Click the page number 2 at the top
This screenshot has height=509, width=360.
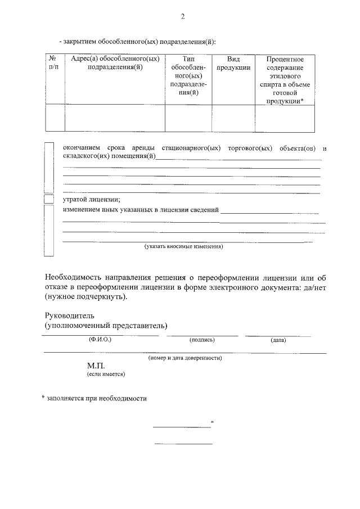click(x=182, y=17)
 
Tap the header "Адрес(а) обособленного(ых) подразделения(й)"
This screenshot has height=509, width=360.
click(x=115, y=63)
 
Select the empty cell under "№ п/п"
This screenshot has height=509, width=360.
click(x=55, y=118)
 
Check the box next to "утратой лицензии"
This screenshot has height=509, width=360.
click(x=49, y=199)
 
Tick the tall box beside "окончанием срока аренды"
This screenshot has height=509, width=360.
click(x=49, y=167)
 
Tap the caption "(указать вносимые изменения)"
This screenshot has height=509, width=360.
click(x=184, y=246)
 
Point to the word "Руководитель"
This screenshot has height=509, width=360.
click(x=66, y=316)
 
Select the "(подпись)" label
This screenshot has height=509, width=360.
click(x=202, y=340)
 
